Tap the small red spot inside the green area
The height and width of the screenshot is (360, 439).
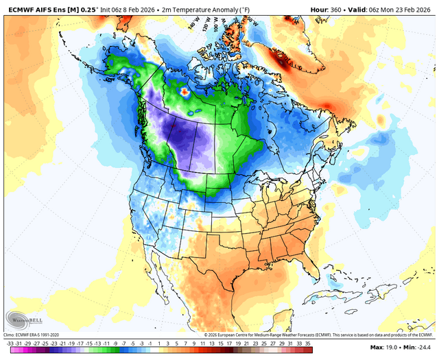183,91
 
